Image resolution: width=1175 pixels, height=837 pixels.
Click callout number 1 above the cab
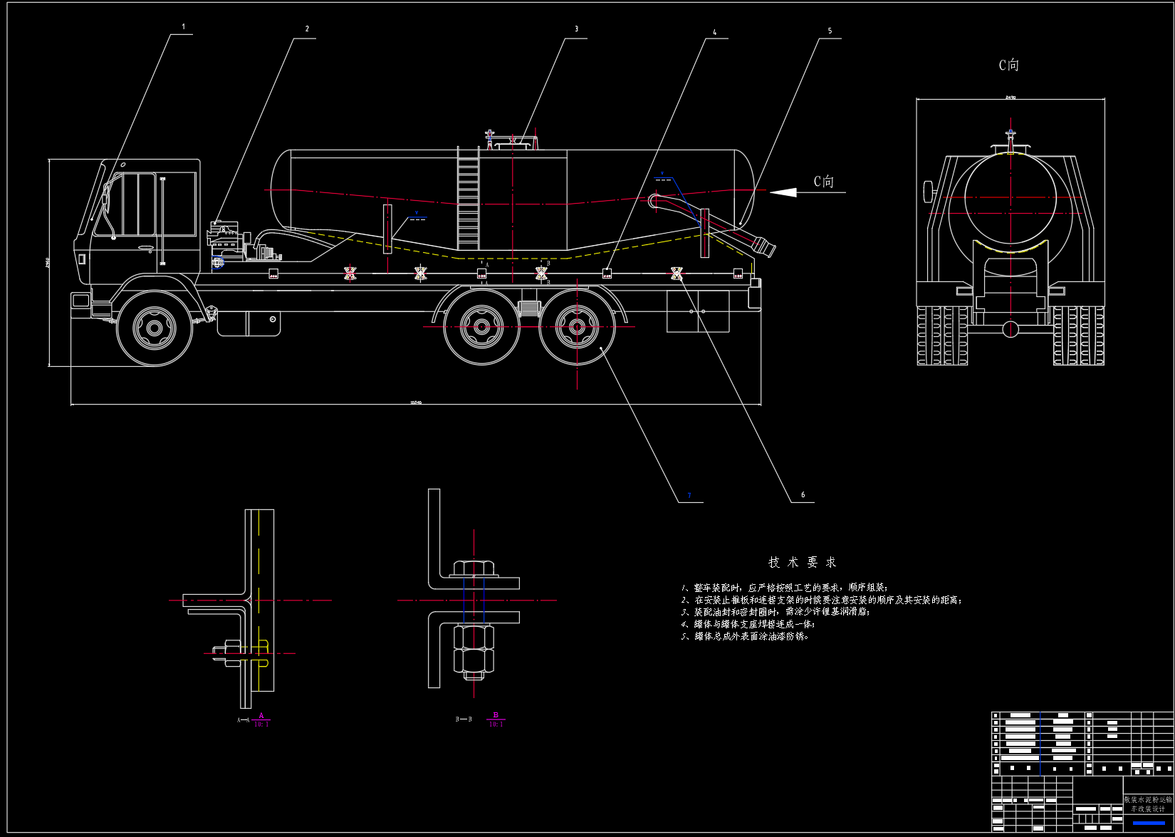point(183,27)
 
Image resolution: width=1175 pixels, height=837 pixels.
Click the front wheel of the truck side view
point(155,329)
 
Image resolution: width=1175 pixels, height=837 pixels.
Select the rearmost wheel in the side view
point(577,328)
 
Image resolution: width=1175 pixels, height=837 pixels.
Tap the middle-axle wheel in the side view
point(481,328)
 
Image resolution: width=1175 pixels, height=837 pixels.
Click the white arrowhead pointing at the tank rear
point(783,192)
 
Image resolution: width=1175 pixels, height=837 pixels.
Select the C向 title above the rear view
point(1008,66)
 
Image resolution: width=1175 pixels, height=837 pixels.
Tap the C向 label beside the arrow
point(824,182)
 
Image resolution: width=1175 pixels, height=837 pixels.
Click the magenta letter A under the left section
point(261,715)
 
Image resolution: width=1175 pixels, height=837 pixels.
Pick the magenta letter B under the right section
point(496,715)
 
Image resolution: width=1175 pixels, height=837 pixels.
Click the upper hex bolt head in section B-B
point(474,568)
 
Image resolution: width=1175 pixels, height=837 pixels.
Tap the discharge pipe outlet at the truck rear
point(766,247)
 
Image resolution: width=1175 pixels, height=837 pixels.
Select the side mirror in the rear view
point(928,191)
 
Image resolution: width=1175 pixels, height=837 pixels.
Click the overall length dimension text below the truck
point(416,402)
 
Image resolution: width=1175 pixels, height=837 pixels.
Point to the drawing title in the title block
point(1148,804)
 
